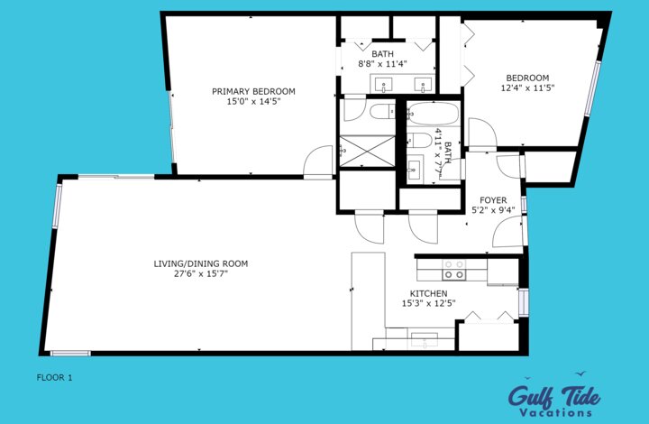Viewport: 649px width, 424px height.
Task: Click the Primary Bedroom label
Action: pos(253,91)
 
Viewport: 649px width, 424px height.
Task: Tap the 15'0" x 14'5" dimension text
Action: pos(253,102)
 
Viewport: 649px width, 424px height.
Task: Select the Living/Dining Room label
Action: pos(200,263)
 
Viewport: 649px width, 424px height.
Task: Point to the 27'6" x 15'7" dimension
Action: pos(200,274)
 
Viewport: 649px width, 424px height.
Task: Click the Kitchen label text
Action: pos(428,294)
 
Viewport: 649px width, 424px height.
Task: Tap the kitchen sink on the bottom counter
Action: pos(424,339)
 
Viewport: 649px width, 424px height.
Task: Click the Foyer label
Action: pos(493,200)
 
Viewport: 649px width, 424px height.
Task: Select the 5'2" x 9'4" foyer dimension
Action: pos(493,211)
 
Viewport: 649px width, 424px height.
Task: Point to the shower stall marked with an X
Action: pos(365,150)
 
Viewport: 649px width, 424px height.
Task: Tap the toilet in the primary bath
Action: pos(379,112)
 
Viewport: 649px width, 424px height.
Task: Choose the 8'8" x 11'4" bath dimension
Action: pos(383,64)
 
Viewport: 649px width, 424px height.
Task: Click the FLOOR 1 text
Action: pos(53,377)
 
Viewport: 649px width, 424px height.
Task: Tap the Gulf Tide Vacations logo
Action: pos(553,397)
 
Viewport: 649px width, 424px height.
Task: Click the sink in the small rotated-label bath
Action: pos(416,169)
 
